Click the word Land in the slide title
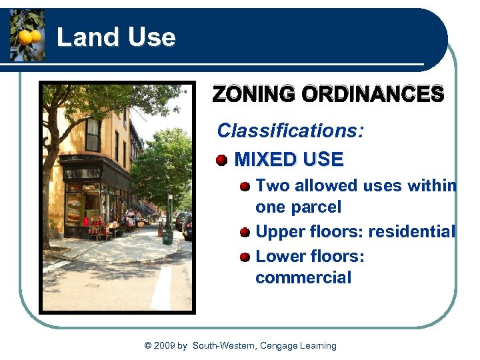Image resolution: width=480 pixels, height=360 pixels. click(x=79, y=37)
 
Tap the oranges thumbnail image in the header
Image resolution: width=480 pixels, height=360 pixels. click(x=27, y=36)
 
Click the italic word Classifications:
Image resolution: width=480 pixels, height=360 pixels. click(x=291, y=130)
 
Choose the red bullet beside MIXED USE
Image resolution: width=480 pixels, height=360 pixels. click(x=222, y=160)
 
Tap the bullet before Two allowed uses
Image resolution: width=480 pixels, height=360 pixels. click(x=245, y=186)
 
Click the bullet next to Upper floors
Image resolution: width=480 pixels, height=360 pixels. click(x=245, y=233)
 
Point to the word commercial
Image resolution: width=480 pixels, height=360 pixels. click(x=303, y=278)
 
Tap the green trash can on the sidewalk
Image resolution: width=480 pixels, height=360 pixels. click(x=167, y=236)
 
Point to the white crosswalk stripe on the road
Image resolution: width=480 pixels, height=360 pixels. click(x=162, y=287)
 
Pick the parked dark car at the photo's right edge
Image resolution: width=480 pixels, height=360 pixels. click(x=188, y=227)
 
